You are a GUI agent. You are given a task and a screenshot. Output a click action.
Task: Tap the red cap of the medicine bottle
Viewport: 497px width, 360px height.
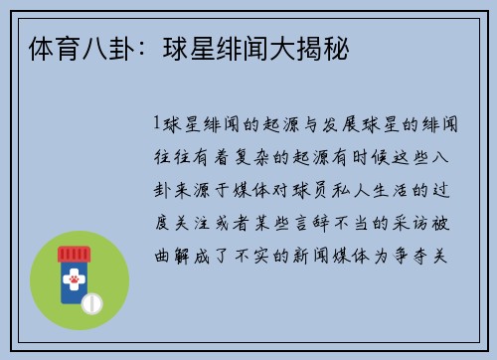tap(72, 255)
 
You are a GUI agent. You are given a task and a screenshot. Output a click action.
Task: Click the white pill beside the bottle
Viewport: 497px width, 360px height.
tap(92, 300)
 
